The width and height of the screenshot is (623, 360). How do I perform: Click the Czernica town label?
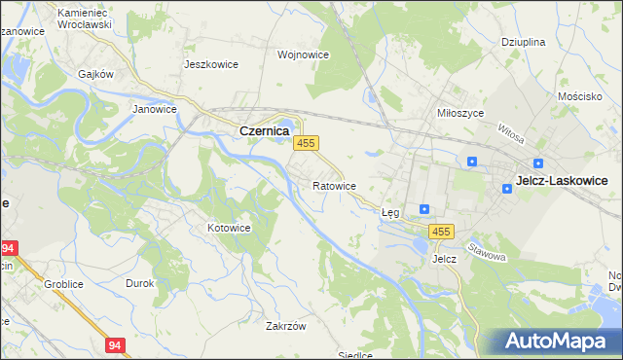pos(263,130)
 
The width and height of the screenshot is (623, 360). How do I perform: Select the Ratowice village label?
pos(334,185)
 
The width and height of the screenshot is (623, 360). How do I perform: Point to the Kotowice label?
pos(229,228)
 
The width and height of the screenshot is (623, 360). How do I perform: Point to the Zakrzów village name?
pos(286,326)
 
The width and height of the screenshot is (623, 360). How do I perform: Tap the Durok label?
pos(140,283)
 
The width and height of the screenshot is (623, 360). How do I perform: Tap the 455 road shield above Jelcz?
pos(442,231)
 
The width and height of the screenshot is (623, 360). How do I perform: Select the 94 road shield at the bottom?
pos(116,344)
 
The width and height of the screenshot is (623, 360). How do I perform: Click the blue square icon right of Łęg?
pos(424,208)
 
